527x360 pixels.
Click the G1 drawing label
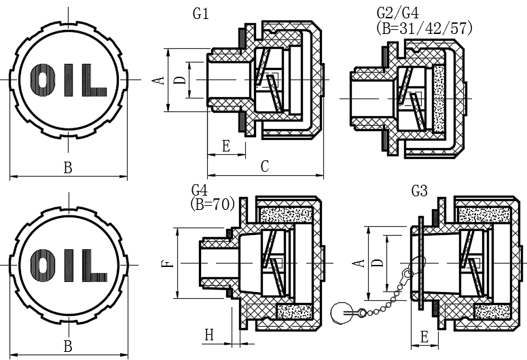coord(200,14)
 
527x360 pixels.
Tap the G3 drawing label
coord(420,192)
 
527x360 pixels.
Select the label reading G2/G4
coord(397,13)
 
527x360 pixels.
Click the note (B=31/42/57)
coord(424,29)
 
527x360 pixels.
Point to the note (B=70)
coord(212,204)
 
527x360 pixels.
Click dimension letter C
coord(265,166)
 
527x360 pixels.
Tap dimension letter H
coord(209,335)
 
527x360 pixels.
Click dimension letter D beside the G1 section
coord(181,80)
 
